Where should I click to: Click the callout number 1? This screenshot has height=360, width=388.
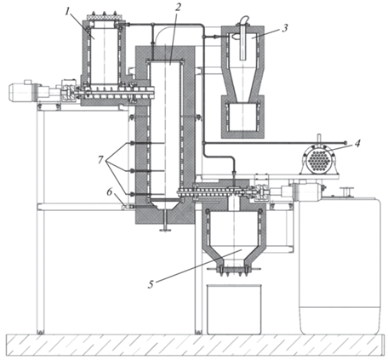67,12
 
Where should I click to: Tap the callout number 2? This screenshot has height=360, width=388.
178,8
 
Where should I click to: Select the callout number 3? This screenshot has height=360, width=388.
285,27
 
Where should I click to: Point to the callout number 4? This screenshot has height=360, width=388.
357,143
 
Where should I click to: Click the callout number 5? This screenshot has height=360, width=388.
151,284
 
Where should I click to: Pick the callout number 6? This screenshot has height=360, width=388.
110,192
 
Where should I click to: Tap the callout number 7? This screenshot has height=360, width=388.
100,160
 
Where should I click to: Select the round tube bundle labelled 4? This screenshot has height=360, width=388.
319,160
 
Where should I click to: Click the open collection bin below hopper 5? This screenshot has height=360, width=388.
234,309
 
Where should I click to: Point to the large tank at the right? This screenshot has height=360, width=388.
339,266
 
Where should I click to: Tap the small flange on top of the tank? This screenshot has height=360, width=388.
346,191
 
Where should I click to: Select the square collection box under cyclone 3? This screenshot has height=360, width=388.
242,117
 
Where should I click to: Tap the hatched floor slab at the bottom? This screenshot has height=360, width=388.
194,345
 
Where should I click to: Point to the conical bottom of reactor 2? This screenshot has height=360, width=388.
165,205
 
